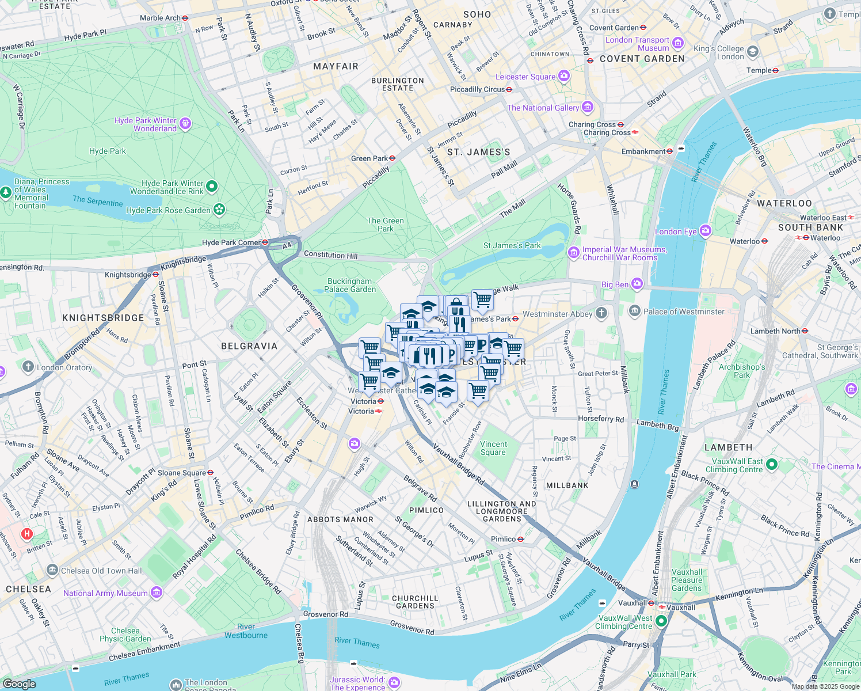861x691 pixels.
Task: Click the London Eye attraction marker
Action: pyautogui.click(x=706, y=231)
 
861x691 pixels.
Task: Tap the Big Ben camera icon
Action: pyautogui.click(x=637, y=284)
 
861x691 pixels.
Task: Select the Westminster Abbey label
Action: pyautogui.click(x=557, y=314)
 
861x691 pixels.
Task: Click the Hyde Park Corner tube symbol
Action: pyautogui.click(x=265, y=242)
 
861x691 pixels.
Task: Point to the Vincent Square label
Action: pyautogui.click(x=493, y=448)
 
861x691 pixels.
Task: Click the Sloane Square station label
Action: pyautogui.click(x=181, y=473)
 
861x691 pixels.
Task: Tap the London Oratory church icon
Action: pyautogui.click(x=28, y=367)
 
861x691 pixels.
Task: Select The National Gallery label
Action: pyautogui.click(x=543, y=108)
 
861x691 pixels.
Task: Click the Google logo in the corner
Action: pyautogui.click(x=19, y=684)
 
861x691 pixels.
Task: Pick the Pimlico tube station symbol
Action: pyautogui.click(x=520, y=539)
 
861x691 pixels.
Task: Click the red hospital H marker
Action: pyautogui.click(x=26, y=534)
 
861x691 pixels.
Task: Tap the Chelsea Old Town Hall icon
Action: pyautogui.click(x=52, y=571)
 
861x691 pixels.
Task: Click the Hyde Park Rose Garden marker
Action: pyautogui.click(x=219, y=210)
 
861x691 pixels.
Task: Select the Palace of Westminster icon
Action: pyautogui.click(x=634, y=312)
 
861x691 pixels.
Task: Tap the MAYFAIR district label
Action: pyautogui.click(x=336, y=66)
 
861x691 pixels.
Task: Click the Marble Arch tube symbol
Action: pyautogui.click(x=185, y=18)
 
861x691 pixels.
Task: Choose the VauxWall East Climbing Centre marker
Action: pyautogui.click(x=772, y=464)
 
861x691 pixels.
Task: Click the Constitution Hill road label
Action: pyautogui.click(x=330, y=255)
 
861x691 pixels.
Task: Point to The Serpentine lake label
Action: pyautogui.click(x=97, y=200)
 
